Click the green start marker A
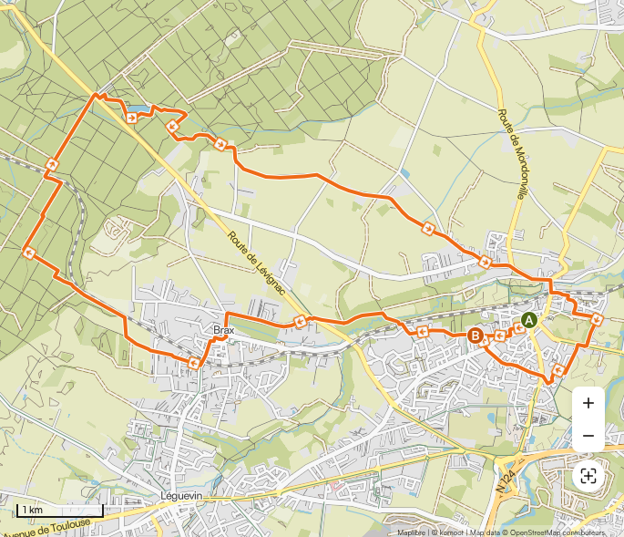(528, 320)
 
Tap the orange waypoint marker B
(475, 336)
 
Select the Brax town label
(223, 330)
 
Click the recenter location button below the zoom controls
(588, 476)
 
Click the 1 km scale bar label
(33, 509)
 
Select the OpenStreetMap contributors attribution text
(556, 532)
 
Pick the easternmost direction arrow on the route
(597, 319)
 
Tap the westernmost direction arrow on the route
(28, 253)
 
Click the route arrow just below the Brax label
(194, 363)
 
